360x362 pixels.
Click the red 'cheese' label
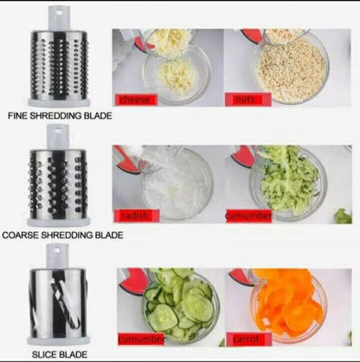[x=138, y=100]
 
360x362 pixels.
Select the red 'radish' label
[x=133, y=216]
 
